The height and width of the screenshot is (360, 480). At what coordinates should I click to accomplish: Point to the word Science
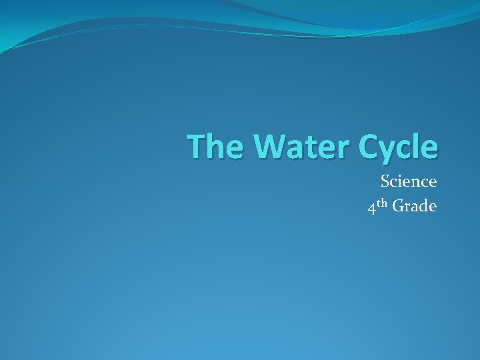point(409,181)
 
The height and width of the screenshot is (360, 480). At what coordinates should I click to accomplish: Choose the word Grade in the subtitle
point(415,207)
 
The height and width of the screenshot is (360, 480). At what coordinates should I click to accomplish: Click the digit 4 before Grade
point(371,208)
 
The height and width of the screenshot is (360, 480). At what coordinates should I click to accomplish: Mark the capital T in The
point(195,147)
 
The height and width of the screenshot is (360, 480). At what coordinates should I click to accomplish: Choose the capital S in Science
point(385,181)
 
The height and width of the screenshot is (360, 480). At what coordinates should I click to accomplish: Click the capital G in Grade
point(398,207)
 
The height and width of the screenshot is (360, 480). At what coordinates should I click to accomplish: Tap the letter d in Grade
point(423,207)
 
